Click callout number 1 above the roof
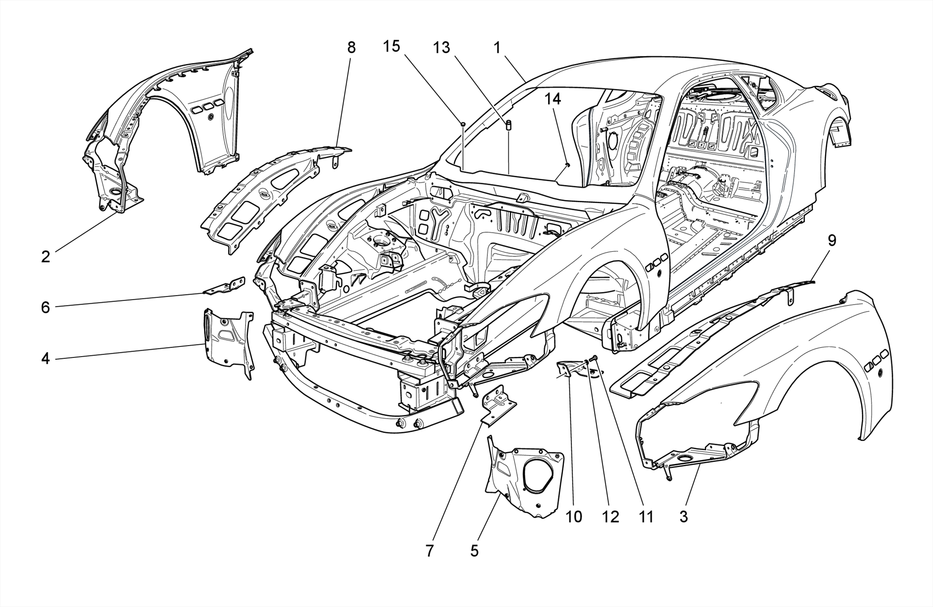click(x=497, y=47)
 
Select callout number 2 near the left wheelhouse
click(x=45, y=256)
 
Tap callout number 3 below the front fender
click(x=683, y=516)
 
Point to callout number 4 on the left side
click(x=45, y=358)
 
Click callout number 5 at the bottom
click(x=474, y=551)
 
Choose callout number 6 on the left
click(x=45, y=307)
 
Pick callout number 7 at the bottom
click(x=430, y=551)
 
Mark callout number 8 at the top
click(x=351, y=47)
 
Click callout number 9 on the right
click(x=832, y=240)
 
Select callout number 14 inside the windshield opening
click(x=553, y=99)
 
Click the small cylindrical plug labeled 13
click(x=508, y=124)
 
